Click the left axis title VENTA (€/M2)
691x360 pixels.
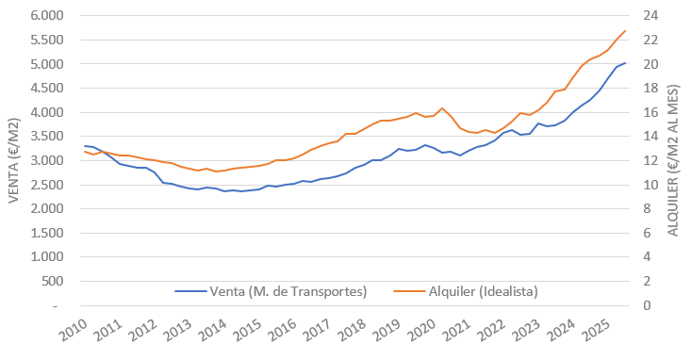pos(13,160)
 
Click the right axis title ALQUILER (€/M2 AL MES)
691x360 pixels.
pos(675,160)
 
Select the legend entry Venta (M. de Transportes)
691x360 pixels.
pos(271,292)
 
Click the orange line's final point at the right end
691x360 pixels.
pos(625,31)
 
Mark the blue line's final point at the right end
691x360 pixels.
pos(625,63)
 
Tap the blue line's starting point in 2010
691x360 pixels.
pos(84,146)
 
